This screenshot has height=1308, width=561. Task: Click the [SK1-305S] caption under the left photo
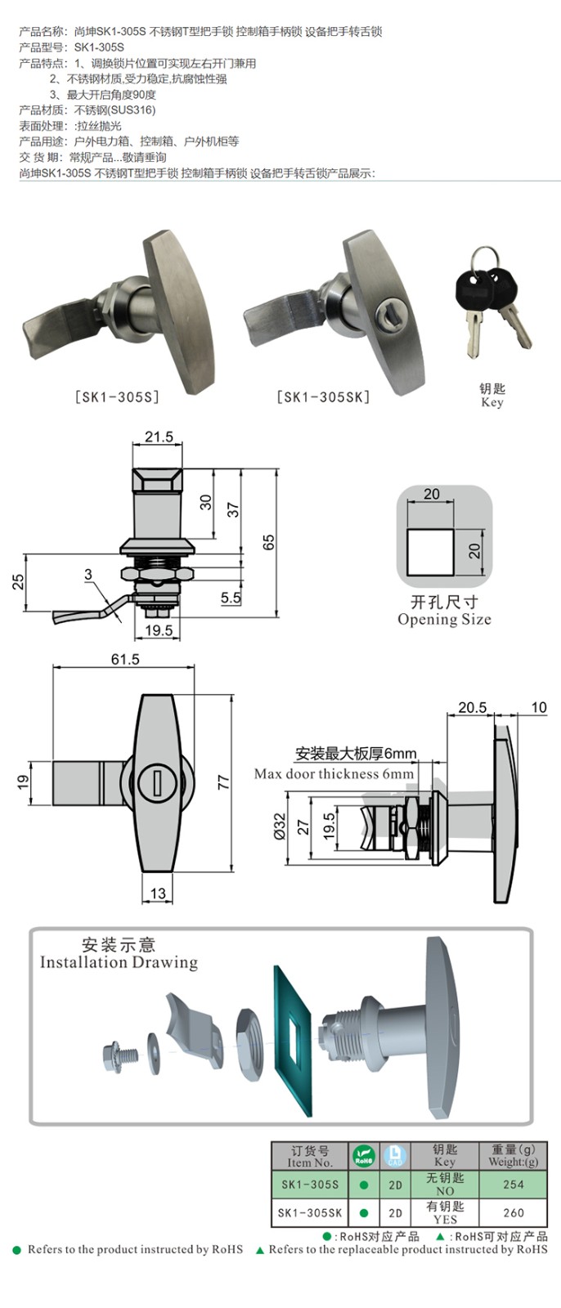(x=117, y=397)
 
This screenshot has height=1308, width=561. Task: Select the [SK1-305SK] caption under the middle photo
(x=323, y=397)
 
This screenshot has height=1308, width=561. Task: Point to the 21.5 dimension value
(x=159, y=437)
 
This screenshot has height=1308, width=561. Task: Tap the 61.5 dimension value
(x=124, y=659)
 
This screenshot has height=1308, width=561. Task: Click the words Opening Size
(x=444, y=620)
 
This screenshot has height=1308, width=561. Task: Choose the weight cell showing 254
(x=514, y=1184)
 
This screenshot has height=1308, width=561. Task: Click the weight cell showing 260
(x=514, y=1212)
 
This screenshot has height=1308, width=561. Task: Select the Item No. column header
(x=310, y=1156)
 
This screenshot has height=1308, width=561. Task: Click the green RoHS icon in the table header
(x=364, y=1156)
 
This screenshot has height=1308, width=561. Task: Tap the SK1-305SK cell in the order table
(x=310, y=1212)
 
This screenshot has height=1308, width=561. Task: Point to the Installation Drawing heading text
(x=119, y=962)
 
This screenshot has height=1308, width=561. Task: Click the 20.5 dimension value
(x=472, y=708)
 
